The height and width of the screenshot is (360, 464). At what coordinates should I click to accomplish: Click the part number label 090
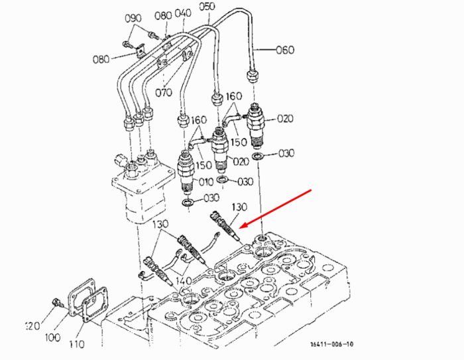pos(133,19)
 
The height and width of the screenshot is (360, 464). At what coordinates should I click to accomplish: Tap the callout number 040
pos(183,14)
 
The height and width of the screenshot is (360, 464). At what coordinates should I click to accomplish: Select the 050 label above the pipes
pos(207,6)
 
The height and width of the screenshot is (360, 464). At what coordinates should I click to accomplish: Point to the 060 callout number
pos(285,50)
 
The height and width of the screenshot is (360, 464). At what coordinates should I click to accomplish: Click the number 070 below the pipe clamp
pos(164,93)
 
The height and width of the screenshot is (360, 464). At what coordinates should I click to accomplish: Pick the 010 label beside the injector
pos(206,182)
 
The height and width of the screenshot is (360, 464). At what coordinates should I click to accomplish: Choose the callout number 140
pos(184,280)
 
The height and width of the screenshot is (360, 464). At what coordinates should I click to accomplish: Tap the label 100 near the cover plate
pos(52,337)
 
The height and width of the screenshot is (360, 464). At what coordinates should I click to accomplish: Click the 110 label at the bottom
pos(77,344)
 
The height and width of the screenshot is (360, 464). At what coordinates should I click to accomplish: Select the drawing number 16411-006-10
pos(331,344)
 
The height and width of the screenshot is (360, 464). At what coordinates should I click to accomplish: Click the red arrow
pos(275,209)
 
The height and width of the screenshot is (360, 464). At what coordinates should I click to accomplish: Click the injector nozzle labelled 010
pos(186,172)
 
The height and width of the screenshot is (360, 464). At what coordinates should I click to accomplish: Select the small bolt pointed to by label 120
pos(56,302)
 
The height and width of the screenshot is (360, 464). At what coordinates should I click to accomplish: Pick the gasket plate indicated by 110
pos(94,305)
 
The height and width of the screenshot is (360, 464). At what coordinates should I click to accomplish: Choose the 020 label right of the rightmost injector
pos(285,119)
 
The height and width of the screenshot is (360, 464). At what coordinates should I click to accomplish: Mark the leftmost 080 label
pos(101,59)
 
